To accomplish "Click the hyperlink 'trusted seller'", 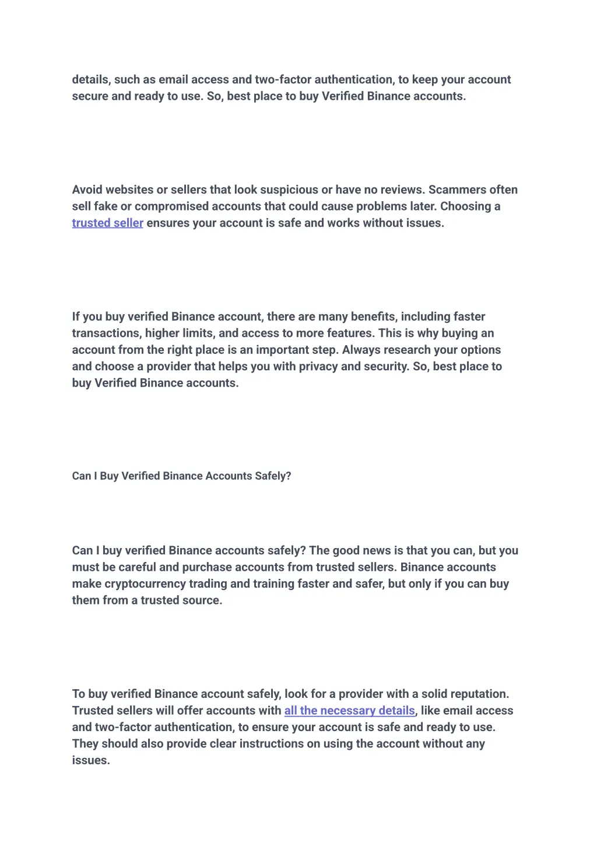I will point(107,223).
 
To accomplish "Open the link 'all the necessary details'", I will point(349,711).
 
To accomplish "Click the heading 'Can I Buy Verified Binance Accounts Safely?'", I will point(181,476).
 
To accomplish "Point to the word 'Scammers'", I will point(457,190).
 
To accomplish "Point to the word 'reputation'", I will point(479,694).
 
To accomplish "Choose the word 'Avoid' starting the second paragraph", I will point(87,190).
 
